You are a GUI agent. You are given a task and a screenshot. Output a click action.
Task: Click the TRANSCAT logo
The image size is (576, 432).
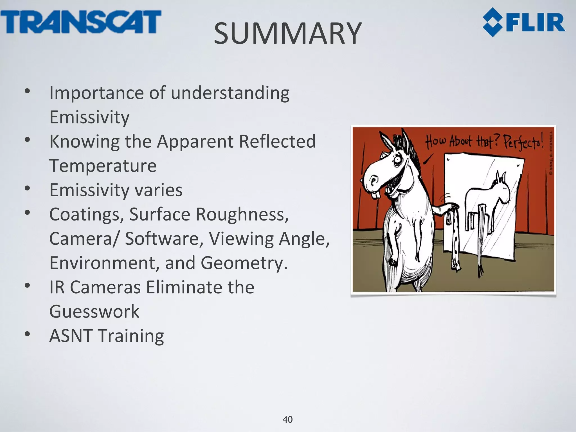[81, 22]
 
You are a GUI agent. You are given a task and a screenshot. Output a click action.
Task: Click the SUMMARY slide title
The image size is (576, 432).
[287, 34]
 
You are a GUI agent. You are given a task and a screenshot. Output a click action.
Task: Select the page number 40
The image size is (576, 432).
[287, 419]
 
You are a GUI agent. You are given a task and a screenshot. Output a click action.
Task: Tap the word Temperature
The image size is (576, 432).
[103, 166]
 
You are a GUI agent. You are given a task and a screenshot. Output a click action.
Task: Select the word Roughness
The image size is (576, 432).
[242, 214]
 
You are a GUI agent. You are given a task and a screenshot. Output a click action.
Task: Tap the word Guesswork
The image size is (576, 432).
[94, 311]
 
